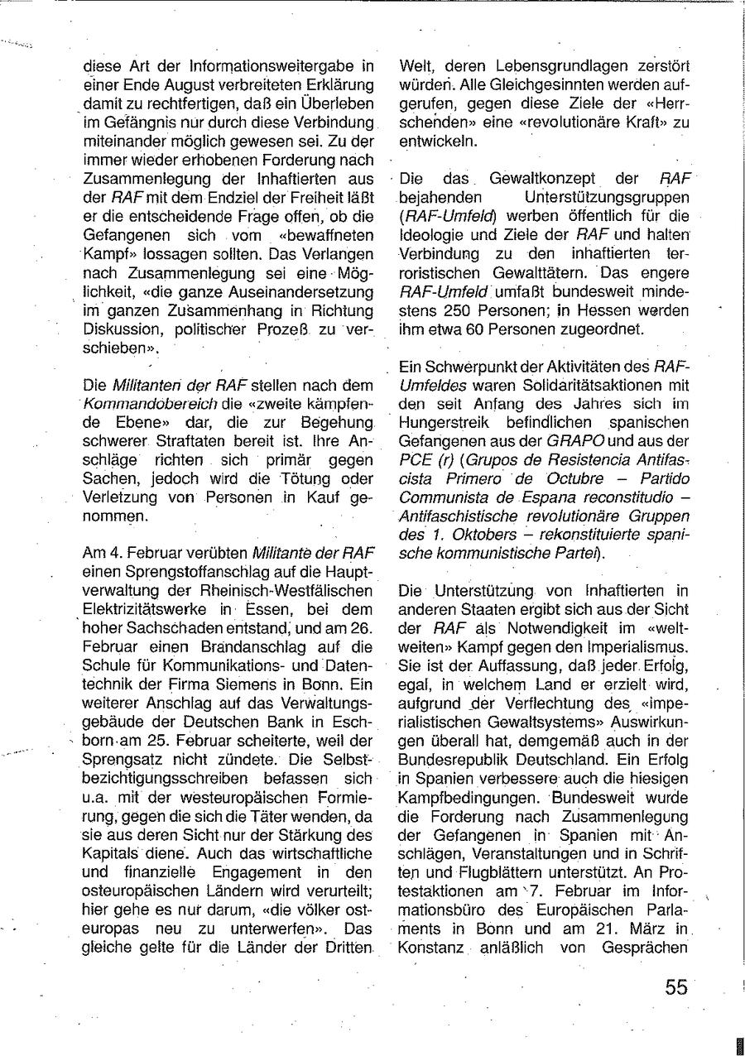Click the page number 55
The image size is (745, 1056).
point(675,986)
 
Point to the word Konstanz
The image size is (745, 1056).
point(431,947)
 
